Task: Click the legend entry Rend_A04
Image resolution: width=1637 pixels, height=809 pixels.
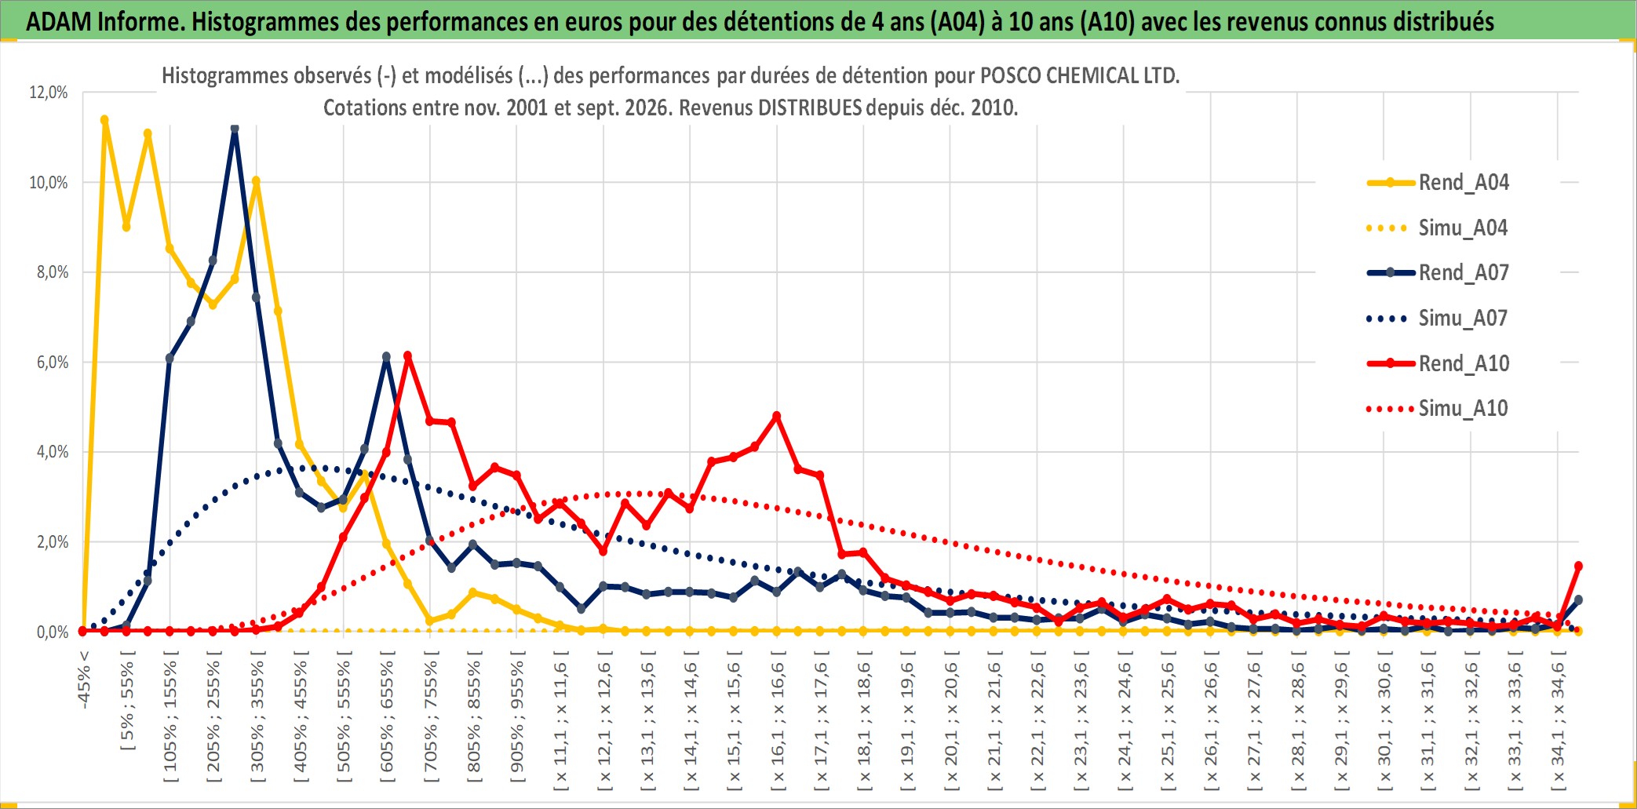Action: pos(1438,183)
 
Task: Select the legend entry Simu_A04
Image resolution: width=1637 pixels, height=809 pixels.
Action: pos(1438,228)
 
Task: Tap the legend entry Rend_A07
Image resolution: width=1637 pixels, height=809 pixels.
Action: pos(1438,273)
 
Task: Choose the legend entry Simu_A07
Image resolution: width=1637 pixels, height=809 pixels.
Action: pos(1438,319)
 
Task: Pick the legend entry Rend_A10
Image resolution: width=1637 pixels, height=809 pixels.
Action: pos(1438,363)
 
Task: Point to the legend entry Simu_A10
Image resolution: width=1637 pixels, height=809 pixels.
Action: pos(1438,409)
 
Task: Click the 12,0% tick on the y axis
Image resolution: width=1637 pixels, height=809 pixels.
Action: pos(49,93)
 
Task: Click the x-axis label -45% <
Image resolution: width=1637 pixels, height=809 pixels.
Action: pos(83,680)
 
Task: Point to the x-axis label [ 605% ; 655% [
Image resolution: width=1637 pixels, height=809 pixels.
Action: pos(386,721)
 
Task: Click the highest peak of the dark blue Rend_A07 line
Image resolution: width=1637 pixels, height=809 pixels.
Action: pos(235,129)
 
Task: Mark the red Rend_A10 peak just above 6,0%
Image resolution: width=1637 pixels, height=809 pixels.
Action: pos(407,356)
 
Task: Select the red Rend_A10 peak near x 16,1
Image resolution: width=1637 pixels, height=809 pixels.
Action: pos(777,416)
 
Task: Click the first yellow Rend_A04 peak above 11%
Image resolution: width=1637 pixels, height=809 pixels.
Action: pos(104,120)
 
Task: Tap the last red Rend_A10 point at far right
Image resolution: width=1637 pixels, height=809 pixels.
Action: pos(1578,566)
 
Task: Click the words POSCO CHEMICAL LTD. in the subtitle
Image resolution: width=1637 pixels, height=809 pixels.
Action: pos(1080,76)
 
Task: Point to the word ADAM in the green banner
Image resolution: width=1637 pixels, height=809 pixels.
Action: pos(59,21)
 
